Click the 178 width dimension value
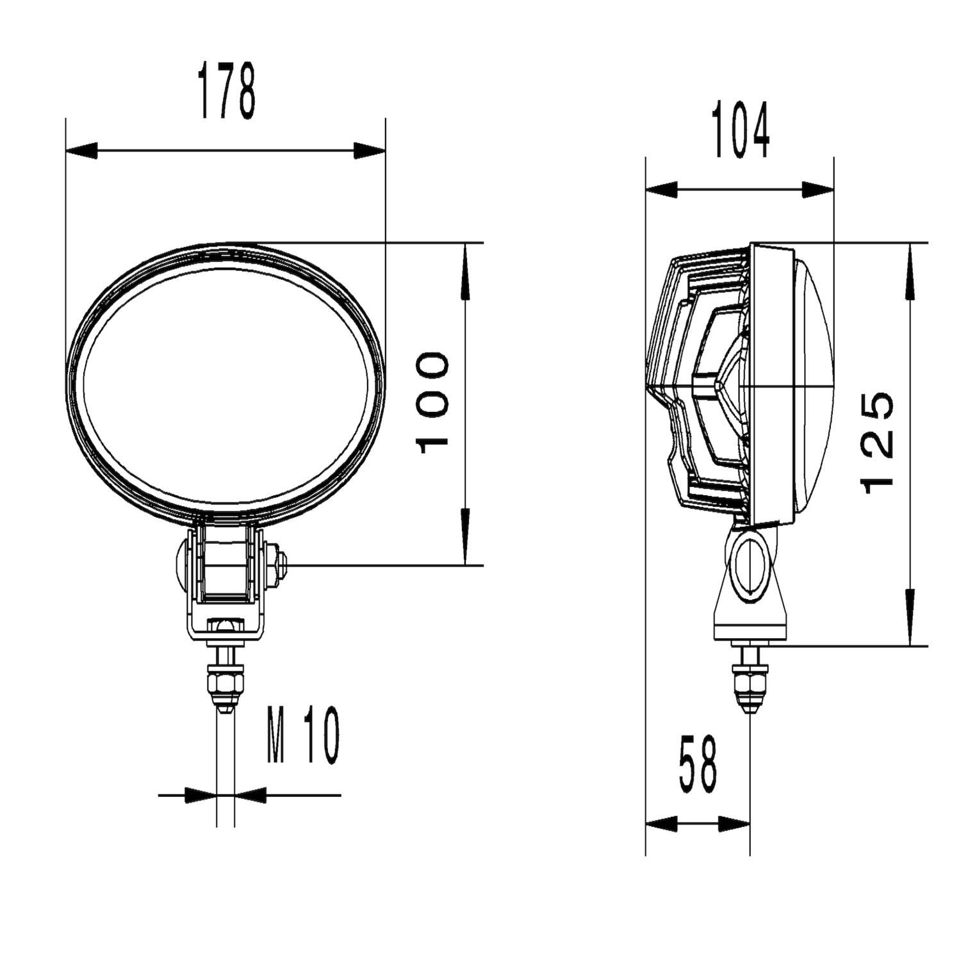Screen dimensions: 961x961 [227, 91]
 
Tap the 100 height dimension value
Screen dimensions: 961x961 [433, 402]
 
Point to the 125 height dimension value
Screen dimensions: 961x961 [878, 443]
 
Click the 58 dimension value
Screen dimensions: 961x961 [698, 764]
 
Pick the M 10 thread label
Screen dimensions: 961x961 [303, 736]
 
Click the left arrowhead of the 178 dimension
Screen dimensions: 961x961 [81, 151]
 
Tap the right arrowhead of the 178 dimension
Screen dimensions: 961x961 [370, 151]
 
